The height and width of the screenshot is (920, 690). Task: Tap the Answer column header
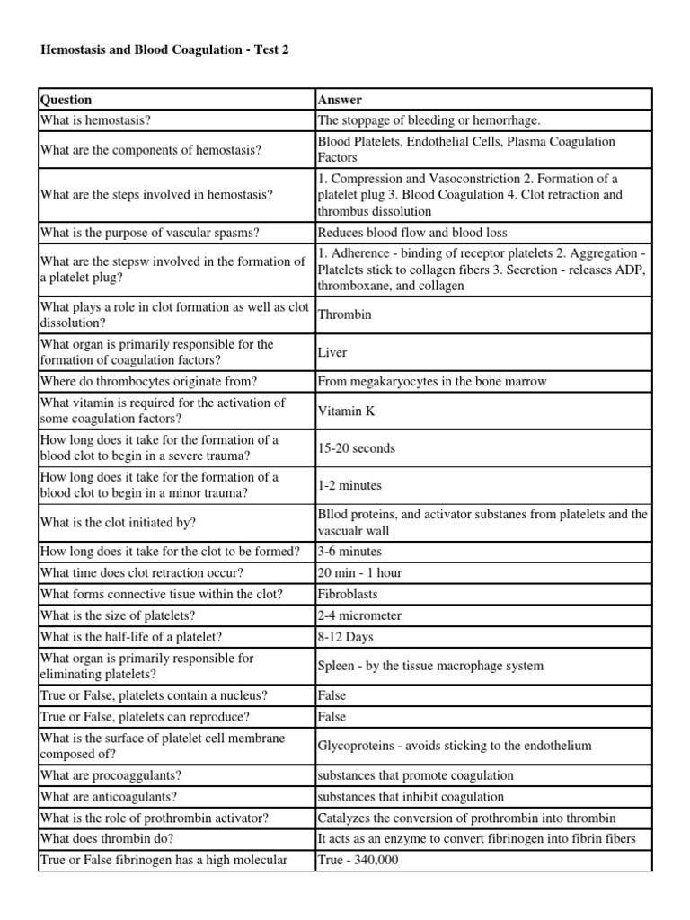[340, 100]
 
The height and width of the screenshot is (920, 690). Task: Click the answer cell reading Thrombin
[344, 315]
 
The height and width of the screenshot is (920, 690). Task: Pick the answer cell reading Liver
[332, 353]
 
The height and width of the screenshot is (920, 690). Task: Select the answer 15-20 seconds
[356, 448]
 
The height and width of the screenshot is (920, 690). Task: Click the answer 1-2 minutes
[349, 485]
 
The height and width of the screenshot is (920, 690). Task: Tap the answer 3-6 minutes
[349, 552]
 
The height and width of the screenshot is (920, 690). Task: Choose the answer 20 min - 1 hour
[359, 573]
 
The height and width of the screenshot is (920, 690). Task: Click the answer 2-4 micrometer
[359, 615]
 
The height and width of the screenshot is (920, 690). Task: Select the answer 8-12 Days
[345, 637]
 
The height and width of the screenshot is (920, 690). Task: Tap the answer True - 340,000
[358, 861]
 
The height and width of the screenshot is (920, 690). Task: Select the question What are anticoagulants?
[109, 797]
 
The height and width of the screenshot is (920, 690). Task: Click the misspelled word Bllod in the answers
[332, 515]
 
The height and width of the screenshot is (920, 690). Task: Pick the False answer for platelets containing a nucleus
[332, 696]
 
